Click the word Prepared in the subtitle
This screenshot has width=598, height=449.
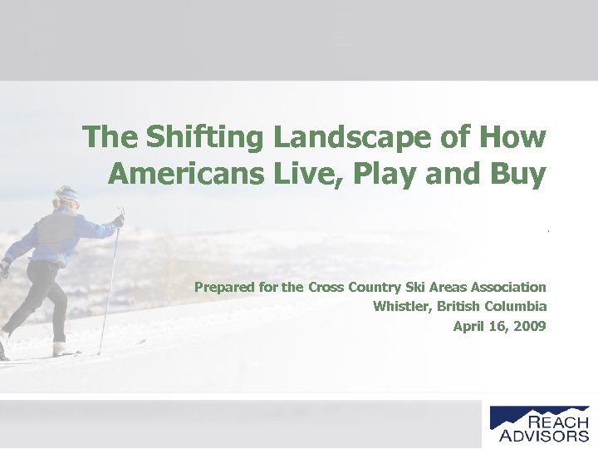222,288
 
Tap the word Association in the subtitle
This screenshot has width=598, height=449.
506,288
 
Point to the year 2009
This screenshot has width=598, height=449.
531,326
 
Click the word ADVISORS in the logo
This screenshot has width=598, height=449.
544,435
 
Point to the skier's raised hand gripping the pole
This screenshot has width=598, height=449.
119,220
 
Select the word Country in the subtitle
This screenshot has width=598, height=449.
368,288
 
